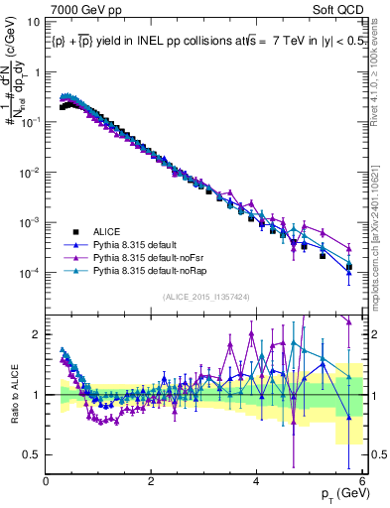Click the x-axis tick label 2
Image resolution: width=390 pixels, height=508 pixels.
[x=151, y=481]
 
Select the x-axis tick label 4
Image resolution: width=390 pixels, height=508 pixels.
[x=256, y=481]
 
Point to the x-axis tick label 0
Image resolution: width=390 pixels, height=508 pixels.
[x=47, y=481]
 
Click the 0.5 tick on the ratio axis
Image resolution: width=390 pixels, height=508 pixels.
[x=33, y=454]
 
